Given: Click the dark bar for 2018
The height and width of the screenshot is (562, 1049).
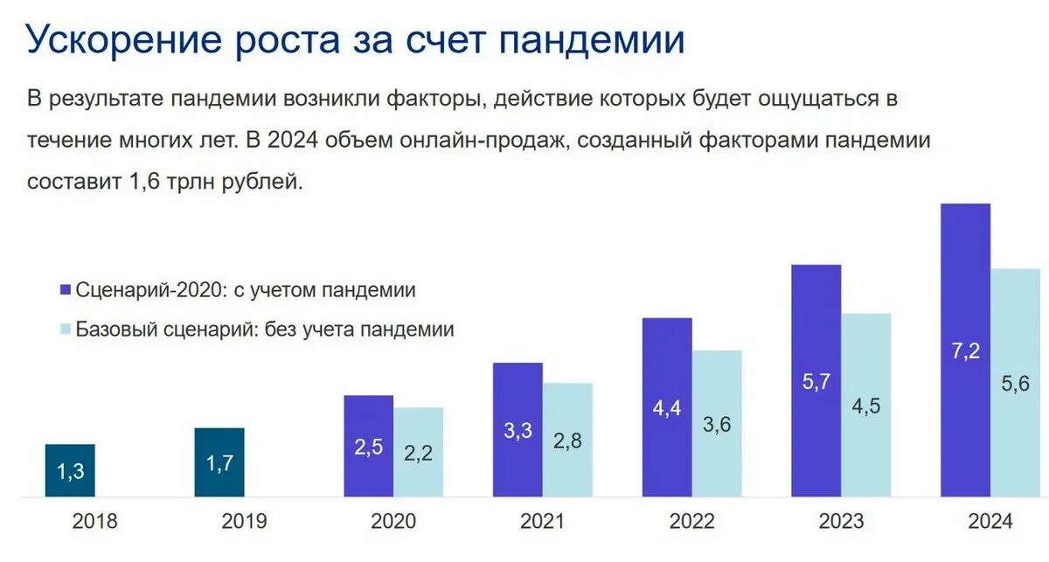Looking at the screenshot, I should click(70, 471).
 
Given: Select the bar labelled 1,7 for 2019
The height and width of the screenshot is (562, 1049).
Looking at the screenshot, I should click(219, 463).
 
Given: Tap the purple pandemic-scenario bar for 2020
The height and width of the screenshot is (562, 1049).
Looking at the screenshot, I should click(368, 447).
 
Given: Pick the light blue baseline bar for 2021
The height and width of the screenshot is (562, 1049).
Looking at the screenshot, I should click(567, 441).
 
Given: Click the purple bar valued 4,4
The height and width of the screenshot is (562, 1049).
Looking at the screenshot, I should click(667, 408).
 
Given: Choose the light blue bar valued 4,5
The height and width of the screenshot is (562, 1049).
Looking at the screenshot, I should click(865, 406).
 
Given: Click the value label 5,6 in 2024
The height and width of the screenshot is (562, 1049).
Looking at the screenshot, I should click(1016, 383).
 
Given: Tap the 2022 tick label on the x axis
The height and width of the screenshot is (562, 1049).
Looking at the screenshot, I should click(692, 523).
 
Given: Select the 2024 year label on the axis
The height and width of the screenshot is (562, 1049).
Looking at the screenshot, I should click(990, 523).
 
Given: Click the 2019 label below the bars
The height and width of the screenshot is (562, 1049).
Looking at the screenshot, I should click(244, 523).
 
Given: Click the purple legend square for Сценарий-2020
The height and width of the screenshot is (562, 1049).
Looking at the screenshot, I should click(65, 291).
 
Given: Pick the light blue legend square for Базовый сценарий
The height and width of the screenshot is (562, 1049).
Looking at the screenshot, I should click(65, 330).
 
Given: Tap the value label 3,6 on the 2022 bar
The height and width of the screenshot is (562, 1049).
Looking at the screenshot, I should click(717, 424).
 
